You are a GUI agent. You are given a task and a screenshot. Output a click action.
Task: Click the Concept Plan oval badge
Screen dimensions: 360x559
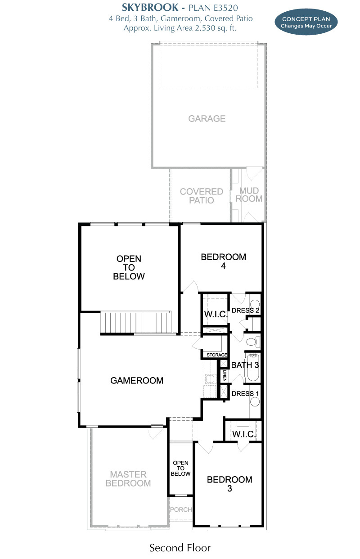coord(306,22)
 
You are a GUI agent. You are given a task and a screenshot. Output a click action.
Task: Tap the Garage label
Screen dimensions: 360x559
coord(207,118)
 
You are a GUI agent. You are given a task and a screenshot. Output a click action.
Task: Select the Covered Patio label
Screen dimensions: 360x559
coord(201,196)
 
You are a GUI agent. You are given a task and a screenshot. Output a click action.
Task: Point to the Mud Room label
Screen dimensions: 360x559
coord(249,194)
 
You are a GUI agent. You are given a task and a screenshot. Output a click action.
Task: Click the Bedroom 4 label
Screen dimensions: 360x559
coord(223,261)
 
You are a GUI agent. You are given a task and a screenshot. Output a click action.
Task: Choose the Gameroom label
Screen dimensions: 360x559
coord(137,381)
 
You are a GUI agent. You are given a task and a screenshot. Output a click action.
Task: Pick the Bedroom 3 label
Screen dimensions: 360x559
coord(229,484)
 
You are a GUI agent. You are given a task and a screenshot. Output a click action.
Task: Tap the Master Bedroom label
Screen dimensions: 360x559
coord(128,478)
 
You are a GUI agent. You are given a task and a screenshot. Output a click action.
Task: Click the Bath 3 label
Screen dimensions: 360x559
coord(245,365)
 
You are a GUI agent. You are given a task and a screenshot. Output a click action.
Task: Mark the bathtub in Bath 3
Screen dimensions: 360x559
coord(253,368)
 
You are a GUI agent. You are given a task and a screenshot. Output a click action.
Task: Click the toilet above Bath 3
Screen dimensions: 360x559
coord(253,342)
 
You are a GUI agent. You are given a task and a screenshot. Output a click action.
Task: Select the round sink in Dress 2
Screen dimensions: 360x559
coord(255,304)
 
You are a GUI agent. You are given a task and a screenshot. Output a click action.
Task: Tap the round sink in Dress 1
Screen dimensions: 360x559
coord(255,402)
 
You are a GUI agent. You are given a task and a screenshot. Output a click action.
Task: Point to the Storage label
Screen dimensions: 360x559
coord(217,355)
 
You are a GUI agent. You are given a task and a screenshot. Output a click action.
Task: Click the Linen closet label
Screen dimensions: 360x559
coord(225,375)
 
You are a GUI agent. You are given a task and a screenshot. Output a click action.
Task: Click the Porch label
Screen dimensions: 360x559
coord(181,509)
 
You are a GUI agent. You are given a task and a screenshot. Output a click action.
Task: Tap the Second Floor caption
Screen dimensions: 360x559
coord(180,548)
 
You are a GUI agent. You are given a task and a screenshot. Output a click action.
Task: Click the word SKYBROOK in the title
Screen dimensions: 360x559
coord(150,8)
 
